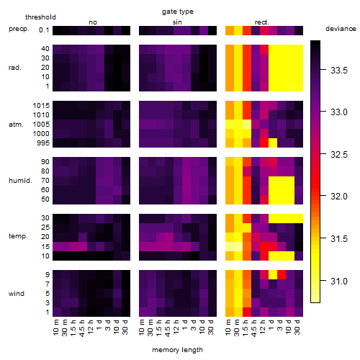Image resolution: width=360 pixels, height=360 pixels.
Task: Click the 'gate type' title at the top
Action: [x=178, y=12]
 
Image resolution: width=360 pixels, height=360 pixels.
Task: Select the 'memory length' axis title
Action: [x=177, y=350]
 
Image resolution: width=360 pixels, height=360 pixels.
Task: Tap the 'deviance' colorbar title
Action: [x=341, y=29]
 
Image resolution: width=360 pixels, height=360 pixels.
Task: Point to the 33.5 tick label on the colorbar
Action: [x=339, y=71]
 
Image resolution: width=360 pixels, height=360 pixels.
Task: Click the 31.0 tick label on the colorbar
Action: [x=339, y=281]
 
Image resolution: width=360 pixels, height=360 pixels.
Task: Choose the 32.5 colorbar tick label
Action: [x=339, y=155]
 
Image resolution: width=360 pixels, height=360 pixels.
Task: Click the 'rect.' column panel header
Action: [x=262, y=22]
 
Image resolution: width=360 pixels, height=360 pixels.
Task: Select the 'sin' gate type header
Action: [x=177, y=22]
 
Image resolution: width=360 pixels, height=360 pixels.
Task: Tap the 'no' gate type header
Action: [x=93, y=22]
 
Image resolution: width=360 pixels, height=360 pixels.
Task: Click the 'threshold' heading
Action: [x=40, y=17]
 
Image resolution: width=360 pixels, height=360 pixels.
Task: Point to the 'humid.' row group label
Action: [x=20, y=181]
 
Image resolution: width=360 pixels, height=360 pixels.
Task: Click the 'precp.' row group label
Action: [x=19, y=29]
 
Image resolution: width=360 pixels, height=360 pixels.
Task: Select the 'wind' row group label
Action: [x=17, y=294]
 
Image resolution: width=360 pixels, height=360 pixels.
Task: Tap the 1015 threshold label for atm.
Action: [x=41, y=106]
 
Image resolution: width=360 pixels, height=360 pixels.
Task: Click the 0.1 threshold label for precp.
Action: [x=44, y=30]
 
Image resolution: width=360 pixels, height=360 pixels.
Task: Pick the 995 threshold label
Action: [x=43, y=143]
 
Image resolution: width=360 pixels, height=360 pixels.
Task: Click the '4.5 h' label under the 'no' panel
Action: [x=82, y=328]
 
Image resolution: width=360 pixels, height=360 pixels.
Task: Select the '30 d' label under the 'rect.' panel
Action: [x=297, y=327]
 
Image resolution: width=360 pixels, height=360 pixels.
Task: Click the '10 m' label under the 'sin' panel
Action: [x=142, y=328]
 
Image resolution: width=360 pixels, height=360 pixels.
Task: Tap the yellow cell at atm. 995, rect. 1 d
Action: [x=273, y=143]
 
